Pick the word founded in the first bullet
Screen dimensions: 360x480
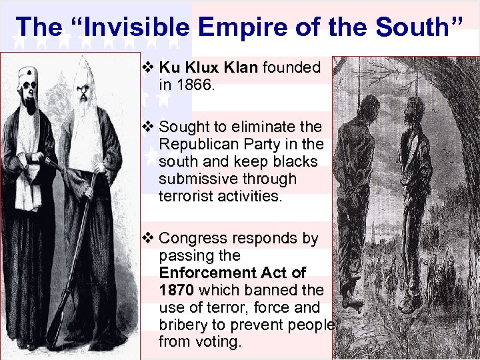click(292, 67)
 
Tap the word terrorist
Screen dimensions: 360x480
click(185, 196)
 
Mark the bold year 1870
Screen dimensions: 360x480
click(176, 290)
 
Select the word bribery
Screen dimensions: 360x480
click(185, 325)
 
